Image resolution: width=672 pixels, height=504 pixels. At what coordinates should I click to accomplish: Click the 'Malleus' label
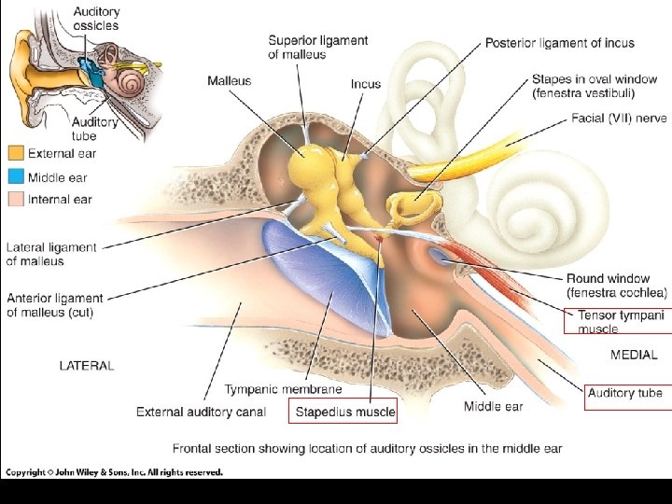[x=230, y=81]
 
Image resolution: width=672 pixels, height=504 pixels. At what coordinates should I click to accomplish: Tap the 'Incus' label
[x=365, y=84]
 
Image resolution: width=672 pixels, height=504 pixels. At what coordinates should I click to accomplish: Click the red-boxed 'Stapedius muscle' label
[x=345, y=411]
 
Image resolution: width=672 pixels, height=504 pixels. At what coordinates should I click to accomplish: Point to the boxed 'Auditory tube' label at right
[x=624, y=393]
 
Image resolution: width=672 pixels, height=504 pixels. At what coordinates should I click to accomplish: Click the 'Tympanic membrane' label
[x=283, y=389]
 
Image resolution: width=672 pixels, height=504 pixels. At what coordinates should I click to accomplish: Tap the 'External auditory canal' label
[x=201, y=412]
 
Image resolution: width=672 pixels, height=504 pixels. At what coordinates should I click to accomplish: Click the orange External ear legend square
[x=16, y=152]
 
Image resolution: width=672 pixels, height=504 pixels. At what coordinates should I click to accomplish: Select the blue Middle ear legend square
[x=16, y=176]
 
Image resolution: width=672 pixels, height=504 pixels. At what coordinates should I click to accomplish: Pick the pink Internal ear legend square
[x=16, y=199]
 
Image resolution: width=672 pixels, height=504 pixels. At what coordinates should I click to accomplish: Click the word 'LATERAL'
[x=87, y=366]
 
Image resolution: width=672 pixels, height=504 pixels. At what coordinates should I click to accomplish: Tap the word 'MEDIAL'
[x=634, y=355]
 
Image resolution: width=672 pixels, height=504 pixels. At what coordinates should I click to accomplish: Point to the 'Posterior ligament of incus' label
[x=559, y=43]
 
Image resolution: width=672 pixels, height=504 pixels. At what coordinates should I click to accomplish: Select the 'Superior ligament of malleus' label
[x=317, y=47]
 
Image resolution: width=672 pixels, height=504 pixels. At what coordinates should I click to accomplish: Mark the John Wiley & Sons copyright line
[x=114, y=472]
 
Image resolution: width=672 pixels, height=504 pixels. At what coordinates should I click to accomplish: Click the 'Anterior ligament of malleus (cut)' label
[x=54, y=305]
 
